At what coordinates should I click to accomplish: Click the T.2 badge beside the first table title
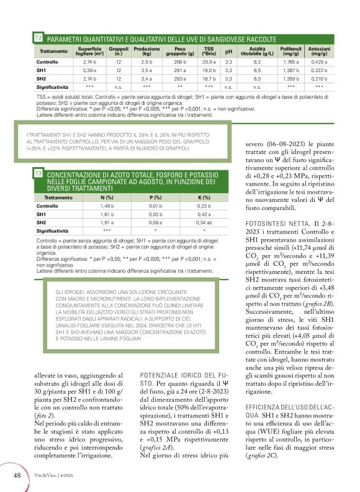[38, 39]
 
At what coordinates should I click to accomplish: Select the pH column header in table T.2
[228, 51]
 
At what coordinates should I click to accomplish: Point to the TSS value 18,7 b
[209, 80]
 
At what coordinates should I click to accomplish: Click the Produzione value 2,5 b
[147, 63]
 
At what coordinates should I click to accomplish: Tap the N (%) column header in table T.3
[107, 197]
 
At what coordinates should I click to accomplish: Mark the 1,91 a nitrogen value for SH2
[107, 222]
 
